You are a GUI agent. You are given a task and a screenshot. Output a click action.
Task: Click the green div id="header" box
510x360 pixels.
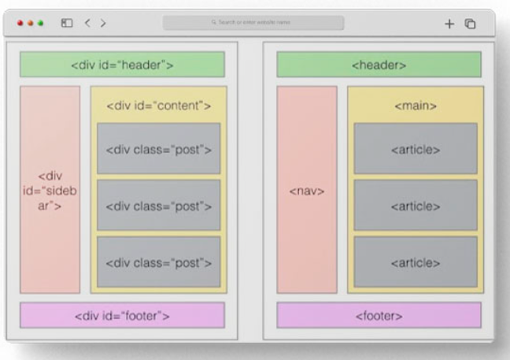pyautogui.click(x=122, y=65)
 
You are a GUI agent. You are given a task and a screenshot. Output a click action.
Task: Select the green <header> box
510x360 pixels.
pyautogui.click(x=379, y=65)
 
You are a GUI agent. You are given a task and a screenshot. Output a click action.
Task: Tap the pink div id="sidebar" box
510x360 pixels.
pyautogui.click(x=50, y=189)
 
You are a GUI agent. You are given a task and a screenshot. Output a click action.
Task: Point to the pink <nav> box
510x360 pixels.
pyautogui.click(x=307, y=190)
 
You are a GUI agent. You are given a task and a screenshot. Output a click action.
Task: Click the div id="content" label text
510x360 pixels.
pyautogui.click(x=158, y=105)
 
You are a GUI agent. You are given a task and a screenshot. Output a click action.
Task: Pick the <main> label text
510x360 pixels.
pyautogui.click(x=415, y=105)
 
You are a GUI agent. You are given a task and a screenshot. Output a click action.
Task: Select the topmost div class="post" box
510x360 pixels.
pyautogui.click(x=158, y=148)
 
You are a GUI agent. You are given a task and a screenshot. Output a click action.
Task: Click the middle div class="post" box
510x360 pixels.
pyautogui.click(x=158, y=205)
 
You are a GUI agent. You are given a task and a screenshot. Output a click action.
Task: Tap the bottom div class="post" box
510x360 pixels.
pyautogui.click(x=158, y=262)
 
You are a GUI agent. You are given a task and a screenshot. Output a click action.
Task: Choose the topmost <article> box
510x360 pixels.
pyautogui.click(x=415, y=148)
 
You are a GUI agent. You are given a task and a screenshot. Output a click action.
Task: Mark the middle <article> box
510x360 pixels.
pyautogui.click(x=415, y=205)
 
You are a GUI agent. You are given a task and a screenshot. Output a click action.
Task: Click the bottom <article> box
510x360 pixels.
pyautogui.click(x=415, y=262)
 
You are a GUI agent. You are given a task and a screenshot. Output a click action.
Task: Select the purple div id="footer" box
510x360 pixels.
pyautogui.click(x=122, y=316)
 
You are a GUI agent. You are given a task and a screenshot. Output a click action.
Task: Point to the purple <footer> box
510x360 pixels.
pyautogui.click(x=379, y=316)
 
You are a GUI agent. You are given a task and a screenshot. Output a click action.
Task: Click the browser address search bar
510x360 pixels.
pyautogui.click(x=253, y=23)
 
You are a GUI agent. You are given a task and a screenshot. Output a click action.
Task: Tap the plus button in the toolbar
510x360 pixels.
pyautogui.click(x=449, y=24)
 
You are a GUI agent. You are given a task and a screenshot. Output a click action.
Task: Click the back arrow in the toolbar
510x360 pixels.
pyautogui.click(x=87, y=24)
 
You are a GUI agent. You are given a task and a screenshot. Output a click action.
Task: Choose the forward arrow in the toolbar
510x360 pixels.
pyautogui.click(x=103, y=24)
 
